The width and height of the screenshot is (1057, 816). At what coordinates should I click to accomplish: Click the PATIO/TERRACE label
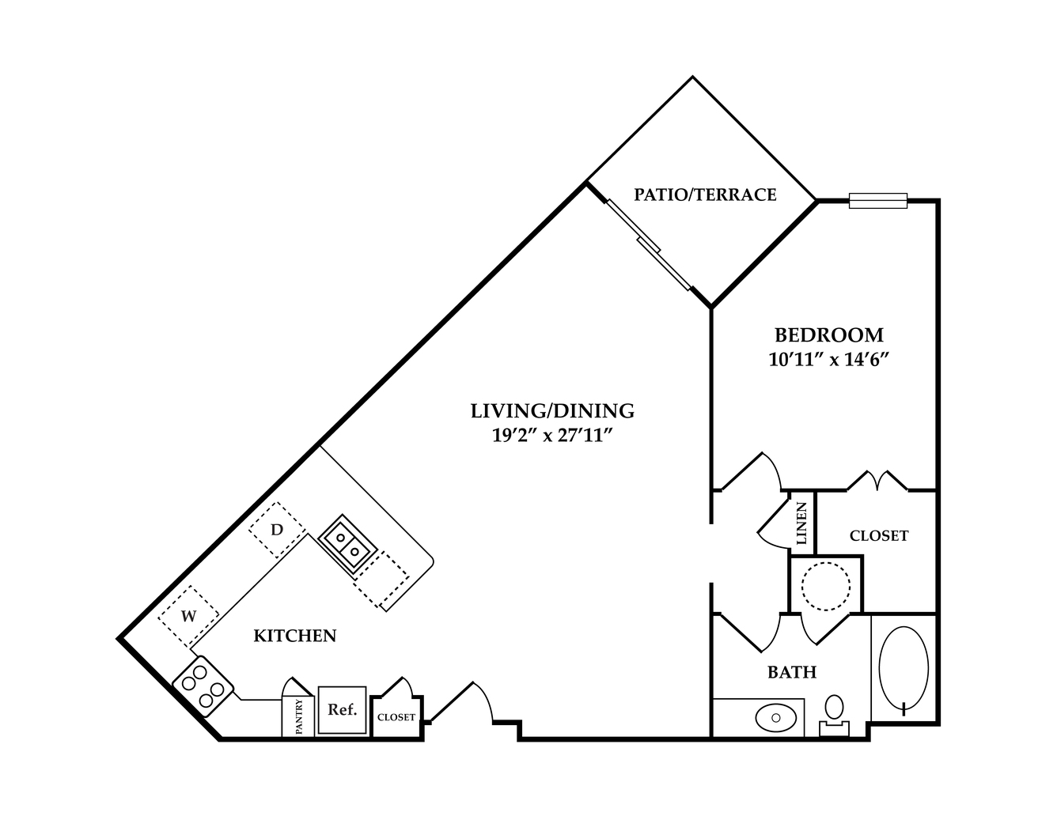pos(705,195)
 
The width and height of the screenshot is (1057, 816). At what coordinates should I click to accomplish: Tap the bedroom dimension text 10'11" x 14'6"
pos(829,360)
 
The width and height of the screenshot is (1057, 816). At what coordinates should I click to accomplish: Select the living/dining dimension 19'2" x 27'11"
pos(552,436)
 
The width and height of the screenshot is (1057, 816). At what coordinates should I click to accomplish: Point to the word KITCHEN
pos(295,636)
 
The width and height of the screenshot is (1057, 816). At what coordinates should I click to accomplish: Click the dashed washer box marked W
pos(188,616)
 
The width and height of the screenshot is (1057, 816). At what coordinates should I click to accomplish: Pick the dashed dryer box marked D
pos(277,530)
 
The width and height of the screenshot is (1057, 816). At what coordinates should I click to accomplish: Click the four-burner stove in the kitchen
pos(203,686)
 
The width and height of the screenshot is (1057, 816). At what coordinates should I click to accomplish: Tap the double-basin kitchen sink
pos(347,545)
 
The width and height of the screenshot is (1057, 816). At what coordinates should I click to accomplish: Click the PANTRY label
pos(298,716)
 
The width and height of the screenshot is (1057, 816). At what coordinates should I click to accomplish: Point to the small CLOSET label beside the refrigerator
pos(396,717)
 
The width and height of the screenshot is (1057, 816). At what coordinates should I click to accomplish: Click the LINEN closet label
pos(801,523)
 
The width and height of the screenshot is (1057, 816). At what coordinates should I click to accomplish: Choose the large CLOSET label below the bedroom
pos(879,535)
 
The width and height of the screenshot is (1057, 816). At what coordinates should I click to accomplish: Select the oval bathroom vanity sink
pos(776,718)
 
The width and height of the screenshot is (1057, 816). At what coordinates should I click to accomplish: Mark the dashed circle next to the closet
pos(826,586)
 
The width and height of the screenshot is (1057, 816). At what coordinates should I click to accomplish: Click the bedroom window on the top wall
pos(878,201)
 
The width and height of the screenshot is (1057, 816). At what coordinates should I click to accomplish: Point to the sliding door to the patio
pos(649,245)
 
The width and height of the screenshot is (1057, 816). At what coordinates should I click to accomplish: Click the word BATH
pos(792,672)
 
